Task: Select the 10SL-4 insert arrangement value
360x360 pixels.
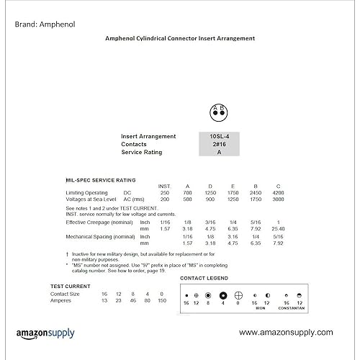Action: (x=220, y=135)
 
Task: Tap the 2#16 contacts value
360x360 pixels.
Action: (x=220, y=144)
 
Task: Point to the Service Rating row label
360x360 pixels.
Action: (x=141, y=152)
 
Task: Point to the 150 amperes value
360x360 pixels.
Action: (x=161, y=300)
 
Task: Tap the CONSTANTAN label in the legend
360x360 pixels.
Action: (x=292, y=308)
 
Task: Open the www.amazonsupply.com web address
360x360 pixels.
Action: (x=286, y=332)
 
